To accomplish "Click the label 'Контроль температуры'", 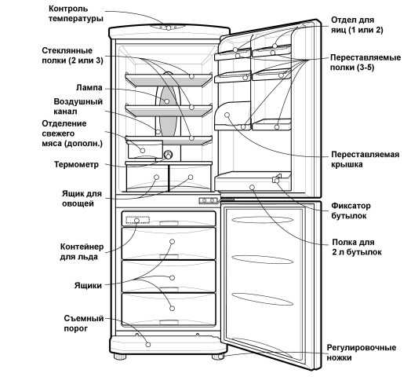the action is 76,14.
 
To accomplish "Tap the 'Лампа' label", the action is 89,88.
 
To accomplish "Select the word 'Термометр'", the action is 77,165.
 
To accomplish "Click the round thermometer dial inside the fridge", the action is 168,155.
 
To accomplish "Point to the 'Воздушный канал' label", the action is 78,107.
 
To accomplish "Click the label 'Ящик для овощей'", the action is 82,199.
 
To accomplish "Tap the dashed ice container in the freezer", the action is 137,220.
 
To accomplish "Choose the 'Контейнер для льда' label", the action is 82,252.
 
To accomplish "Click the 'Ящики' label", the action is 88,286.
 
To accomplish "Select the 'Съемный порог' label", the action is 84,324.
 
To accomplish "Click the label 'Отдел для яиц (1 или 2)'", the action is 357,25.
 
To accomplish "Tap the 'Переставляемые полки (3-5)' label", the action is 366,63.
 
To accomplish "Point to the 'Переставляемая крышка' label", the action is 366,159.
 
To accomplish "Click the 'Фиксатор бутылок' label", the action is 351,210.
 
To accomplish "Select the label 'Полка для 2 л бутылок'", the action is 357,247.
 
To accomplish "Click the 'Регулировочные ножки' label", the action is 362,353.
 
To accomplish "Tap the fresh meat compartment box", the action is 145,149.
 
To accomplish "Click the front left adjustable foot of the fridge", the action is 120,357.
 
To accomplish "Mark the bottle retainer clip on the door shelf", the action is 276,178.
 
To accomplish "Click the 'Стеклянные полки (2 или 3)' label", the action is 72,56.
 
